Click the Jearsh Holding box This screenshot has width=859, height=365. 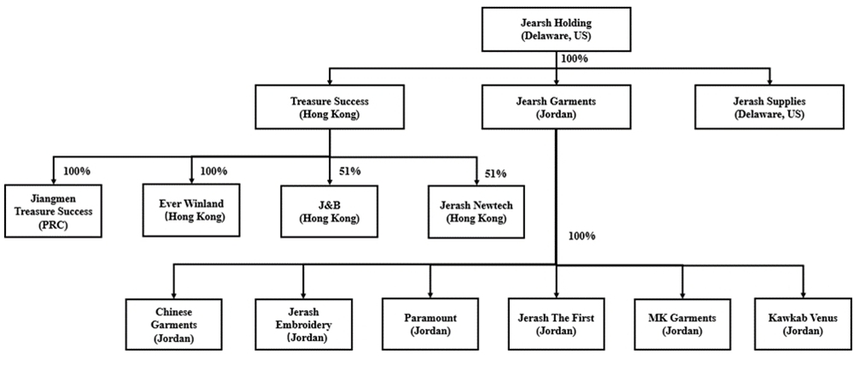coord(556,30)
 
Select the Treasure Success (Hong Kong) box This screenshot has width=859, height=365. coord(330,107)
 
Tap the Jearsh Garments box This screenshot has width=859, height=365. coord(556,107)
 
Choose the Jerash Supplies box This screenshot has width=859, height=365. coord(769,107)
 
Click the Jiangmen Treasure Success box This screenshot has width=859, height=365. coord(53,211)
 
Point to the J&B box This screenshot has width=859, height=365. coord(330,211)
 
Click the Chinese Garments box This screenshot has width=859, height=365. coord(173,325)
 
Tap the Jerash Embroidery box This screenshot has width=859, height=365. coord(303,325)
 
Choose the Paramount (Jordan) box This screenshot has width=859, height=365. coord(430,325)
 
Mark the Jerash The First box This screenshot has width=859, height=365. coord(556,325)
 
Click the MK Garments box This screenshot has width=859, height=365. coord(682,325)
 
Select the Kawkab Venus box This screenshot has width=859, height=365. coord(803,325)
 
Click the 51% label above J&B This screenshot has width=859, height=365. coord(349,172)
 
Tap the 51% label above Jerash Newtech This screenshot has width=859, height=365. coord(496,174)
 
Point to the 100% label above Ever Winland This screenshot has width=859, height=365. coord(214,172)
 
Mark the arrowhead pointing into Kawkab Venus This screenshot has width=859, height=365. coord(803,294)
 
